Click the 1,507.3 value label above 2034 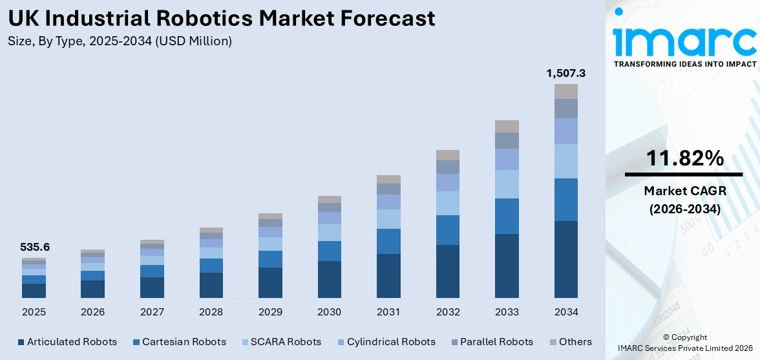[565, 74]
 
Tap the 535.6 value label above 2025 [35, 247]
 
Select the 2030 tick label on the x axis [329, 312]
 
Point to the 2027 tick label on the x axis [152, 312]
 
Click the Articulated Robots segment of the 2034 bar [565, 259]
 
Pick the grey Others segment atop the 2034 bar [565, 91]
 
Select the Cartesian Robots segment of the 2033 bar [507, 216]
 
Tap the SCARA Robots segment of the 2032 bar [448, 203]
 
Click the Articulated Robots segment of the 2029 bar [270, 282]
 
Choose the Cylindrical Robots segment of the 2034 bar [565, 131]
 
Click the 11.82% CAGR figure [684, 158]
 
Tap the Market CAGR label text [684, 191]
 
